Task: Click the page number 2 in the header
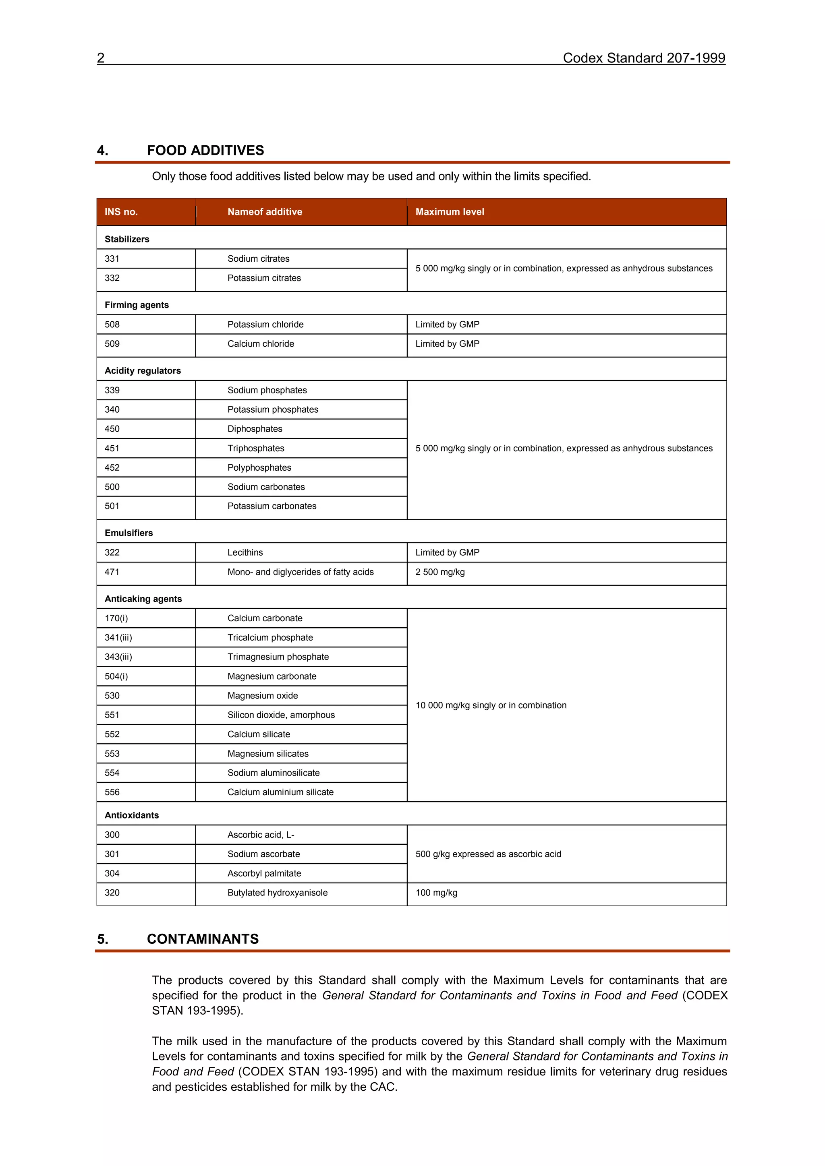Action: (x=101, y=58)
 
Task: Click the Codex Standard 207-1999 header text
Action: (x=643, y=58)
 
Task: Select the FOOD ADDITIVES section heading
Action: (x=205, y=150)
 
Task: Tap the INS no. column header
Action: (x=121, y=212)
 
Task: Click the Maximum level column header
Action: (x=450, y=212)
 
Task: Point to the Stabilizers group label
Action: (x=127, y=239)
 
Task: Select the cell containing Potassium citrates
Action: (x=264, y=278)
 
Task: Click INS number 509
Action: (x=112, y=344)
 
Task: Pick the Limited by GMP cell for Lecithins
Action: (x=447, y=552)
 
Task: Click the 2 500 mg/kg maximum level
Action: (x=440, y=572)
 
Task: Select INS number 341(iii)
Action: (x=118, y=637)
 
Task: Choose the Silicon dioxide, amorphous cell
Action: (x=281, y=715)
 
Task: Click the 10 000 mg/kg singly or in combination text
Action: (x=491, y=705)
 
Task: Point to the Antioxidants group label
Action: (x=132, y=815)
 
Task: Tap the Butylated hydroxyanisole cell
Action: (x=278, y=893)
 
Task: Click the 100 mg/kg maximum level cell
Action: (x=436, y=893)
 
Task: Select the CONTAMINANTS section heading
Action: (x=203, y=939)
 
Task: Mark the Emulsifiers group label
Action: (x=129, y=533)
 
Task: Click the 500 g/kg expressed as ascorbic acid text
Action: (x=488, y=854)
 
